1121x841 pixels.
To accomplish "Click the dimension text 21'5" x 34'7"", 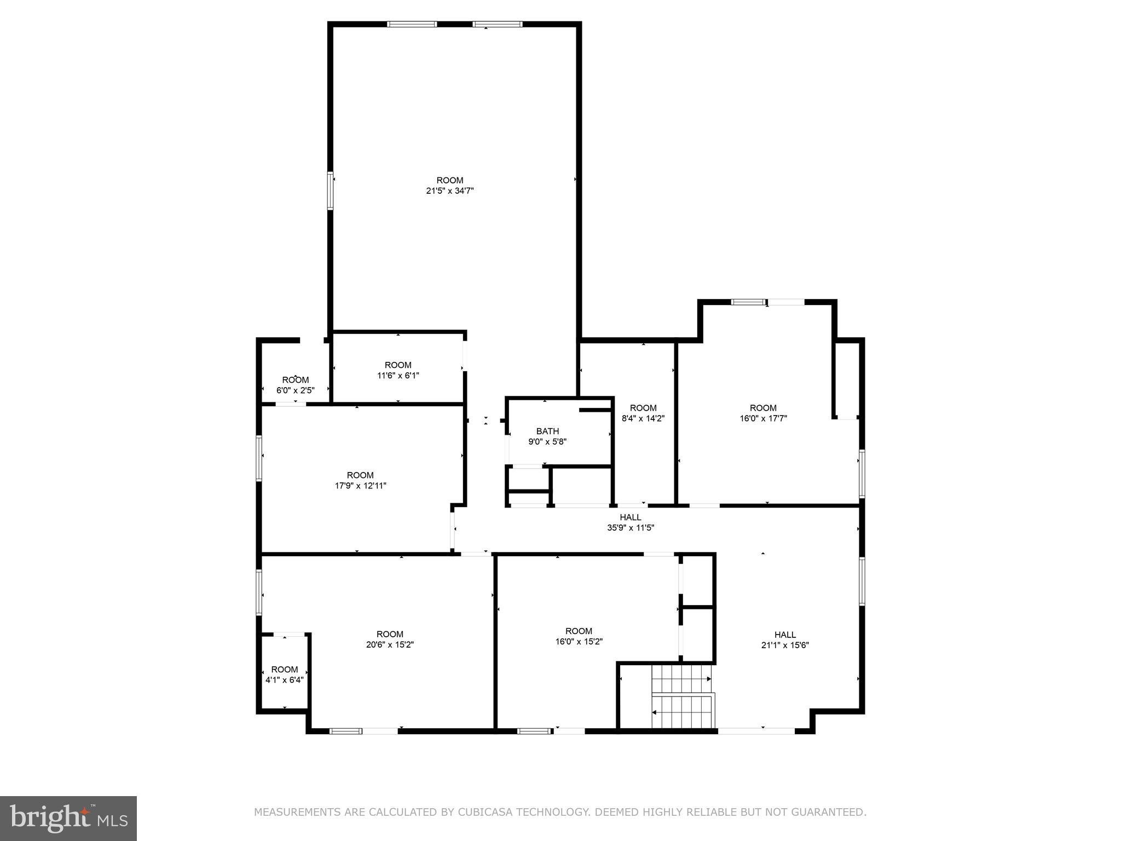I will (x=449, y=191).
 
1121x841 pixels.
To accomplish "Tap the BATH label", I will (x=547, y=431).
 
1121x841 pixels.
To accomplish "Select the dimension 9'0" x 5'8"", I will (x=547, y=442).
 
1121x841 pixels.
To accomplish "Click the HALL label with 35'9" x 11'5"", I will (x=630, y=517).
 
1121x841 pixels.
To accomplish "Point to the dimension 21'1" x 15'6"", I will (x=785, y=645).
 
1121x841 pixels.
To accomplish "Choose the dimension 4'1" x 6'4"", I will (x=285, y=680).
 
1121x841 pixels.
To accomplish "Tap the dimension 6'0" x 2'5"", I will (x=296, y=390).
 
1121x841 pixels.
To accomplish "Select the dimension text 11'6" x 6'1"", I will (x=398, y=376).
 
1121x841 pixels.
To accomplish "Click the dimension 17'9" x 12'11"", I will (x=360, y=486).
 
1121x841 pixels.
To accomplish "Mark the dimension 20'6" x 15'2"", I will (x=390, y=645).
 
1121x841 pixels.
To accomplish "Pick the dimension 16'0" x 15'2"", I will (x=579, y=642).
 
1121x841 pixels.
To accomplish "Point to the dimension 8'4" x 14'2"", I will (x=643, y=418).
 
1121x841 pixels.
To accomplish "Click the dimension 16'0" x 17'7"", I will (x=763, y=418).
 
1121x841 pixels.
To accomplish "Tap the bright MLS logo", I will (x=68, y=819).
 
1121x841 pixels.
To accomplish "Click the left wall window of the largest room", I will (x=331, y=191).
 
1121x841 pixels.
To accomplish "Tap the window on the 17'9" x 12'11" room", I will (x=259, y=458).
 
